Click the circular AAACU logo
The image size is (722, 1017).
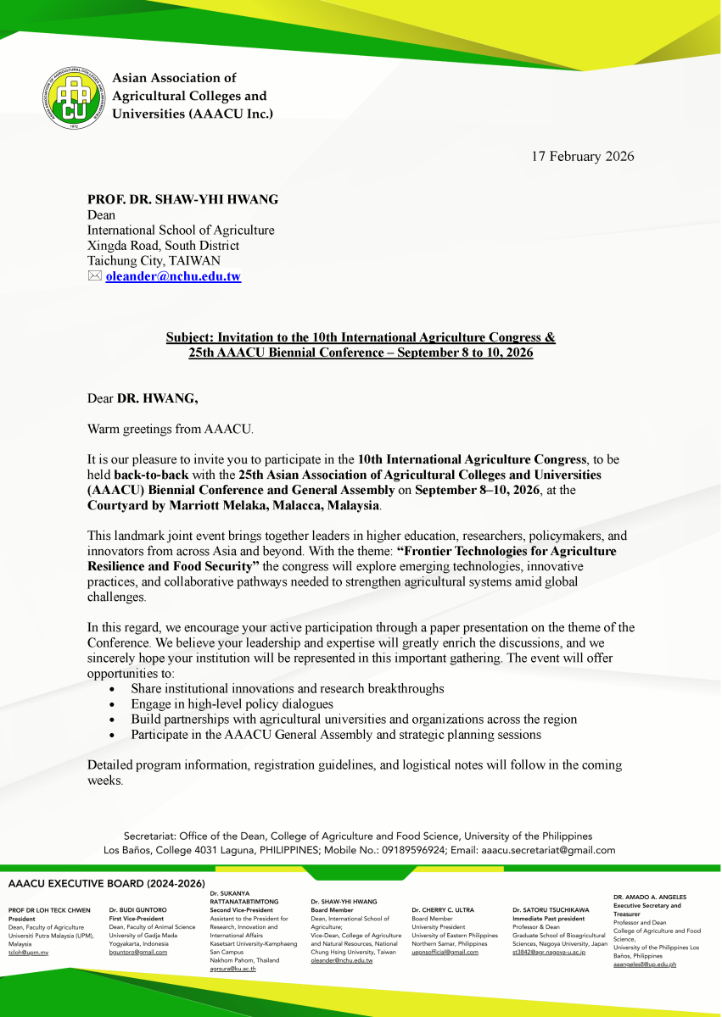[x=76, y=95]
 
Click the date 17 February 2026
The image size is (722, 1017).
[x=583, y=156]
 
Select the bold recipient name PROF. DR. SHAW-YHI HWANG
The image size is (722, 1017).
[x=182, y=200]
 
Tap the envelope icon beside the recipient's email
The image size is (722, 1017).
[x=94, y=276]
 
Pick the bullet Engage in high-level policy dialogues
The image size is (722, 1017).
[x=232, y=703]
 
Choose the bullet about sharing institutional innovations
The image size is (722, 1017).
[x=287, y=688]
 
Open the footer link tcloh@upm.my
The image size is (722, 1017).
[x=28, y=953]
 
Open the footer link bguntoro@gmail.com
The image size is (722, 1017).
[x=138, y=953]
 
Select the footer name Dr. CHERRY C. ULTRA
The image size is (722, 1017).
[x=443, y=910]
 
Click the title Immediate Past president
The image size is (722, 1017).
[x=548, y=919]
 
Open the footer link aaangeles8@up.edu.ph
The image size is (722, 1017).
[x=645, y=964]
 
